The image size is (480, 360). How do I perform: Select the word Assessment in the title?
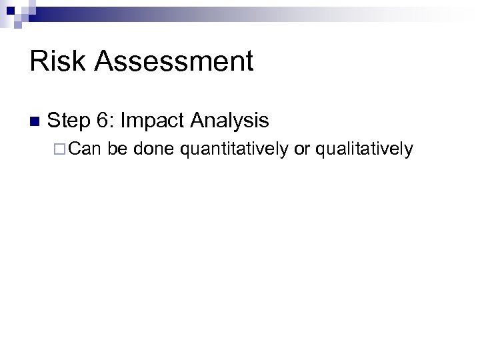point(175,62)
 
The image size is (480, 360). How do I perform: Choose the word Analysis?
point(229,121)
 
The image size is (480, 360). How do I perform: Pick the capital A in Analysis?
point(199,121)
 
